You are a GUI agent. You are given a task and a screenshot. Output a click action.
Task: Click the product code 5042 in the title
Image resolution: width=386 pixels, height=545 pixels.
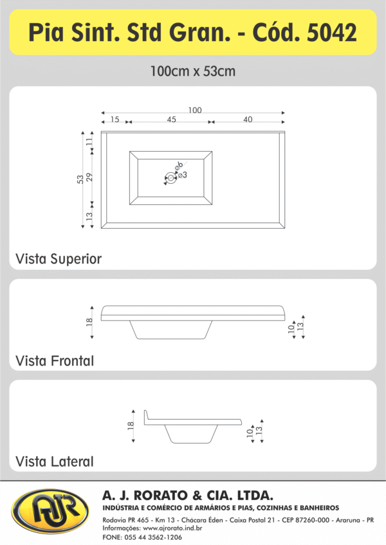(332, 32)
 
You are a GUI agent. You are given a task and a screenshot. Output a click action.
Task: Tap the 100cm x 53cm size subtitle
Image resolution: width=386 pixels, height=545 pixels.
(193, 71)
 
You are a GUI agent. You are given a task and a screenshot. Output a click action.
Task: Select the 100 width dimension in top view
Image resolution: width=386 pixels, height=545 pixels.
(195, 110)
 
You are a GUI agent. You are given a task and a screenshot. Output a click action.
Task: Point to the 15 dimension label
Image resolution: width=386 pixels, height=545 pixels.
(115, 120)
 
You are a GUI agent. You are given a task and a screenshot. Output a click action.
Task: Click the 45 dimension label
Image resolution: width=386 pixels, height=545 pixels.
(171, 120)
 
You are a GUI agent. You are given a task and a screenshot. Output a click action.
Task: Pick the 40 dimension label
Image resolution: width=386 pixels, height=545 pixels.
(248, 120)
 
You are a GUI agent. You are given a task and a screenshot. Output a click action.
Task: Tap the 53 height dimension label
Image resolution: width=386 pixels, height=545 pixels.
(80, 179)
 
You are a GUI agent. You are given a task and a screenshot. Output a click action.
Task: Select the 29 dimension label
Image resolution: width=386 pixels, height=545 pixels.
(89, 177)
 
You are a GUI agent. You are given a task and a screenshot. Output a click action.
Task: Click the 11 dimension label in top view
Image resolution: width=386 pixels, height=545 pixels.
(89, 141)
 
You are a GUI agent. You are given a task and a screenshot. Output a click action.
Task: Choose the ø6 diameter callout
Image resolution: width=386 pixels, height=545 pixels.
(179, 165)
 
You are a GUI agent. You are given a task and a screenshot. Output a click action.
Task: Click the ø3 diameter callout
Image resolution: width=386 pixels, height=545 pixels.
(183, 175)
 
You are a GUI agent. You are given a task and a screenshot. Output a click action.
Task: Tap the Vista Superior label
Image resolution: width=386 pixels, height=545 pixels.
(59, 259)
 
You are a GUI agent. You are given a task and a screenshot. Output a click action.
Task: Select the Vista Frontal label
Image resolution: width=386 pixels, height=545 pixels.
(55, 361)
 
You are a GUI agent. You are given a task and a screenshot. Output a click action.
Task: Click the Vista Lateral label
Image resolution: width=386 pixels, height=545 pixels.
(55, 461)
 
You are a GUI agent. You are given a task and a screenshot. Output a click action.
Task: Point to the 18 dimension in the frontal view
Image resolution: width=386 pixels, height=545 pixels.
(89, 322)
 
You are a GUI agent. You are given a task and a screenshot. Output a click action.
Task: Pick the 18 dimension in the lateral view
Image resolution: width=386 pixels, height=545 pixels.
(131, 425)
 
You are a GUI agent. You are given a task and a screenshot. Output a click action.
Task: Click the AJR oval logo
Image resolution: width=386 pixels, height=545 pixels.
(50, 511)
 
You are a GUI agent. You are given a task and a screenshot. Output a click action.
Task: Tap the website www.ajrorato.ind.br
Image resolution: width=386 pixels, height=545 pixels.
(172, 528)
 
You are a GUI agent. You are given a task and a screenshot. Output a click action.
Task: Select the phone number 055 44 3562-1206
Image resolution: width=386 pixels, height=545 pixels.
(153, 537)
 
